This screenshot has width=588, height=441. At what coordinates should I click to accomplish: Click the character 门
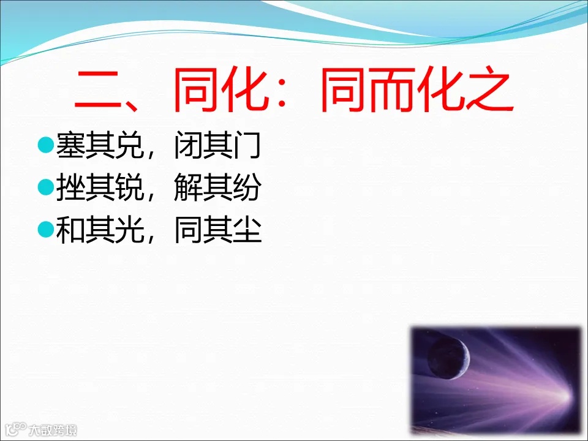tap(247, 147)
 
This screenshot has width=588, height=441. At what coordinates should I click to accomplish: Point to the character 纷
tap(247, 189)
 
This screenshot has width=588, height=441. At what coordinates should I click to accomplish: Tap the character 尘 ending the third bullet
tap(247, 232)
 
